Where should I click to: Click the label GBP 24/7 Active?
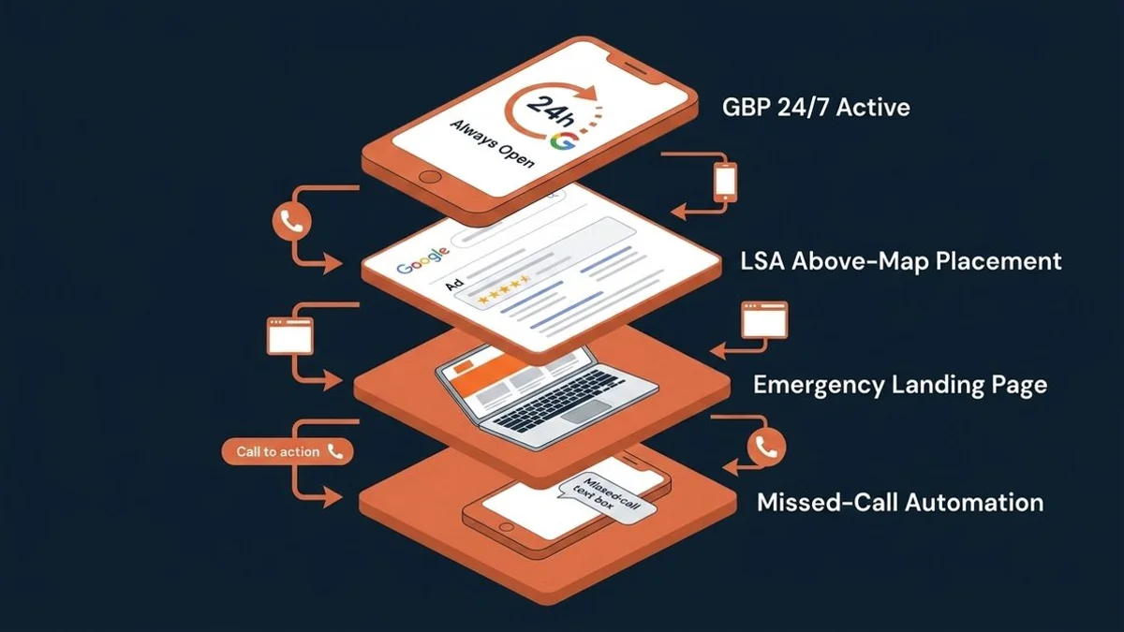click(816, 108)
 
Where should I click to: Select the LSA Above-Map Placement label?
click(901, 261)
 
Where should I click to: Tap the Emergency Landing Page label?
click(900, 385)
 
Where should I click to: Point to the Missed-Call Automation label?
click(900, 503)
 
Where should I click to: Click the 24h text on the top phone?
click(551, 111)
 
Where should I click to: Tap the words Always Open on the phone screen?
click(493, 143)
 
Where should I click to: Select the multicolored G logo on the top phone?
click(564, 141)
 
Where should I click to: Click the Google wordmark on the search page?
click(422, 261)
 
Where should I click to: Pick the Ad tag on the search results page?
click(454, 285)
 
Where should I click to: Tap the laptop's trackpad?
click(586, 411)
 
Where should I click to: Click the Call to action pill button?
click(288, 451)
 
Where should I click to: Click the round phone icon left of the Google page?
click(291, 221)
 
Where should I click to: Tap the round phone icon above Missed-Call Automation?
click(766, 447)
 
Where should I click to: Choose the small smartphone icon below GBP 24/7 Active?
click(726, 182)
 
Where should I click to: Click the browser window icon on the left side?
click(290, 335)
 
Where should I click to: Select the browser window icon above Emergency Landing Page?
click(764, 319)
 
